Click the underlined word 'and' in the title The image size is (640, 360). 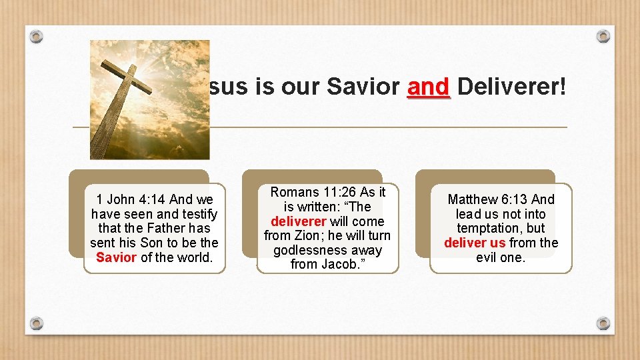point(429,87)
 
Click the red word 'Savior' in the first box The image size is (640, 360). point(116,257)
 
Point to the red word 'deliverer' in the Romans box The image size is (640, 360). point(298,221)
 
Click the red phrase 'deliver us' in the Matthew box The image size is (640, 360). point(475,243)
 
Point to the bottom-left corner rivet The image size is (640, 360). point(37,323)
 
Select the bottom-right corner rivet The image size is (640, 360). point(603,323)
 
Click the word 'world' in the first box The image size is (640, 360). point(195,257)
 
